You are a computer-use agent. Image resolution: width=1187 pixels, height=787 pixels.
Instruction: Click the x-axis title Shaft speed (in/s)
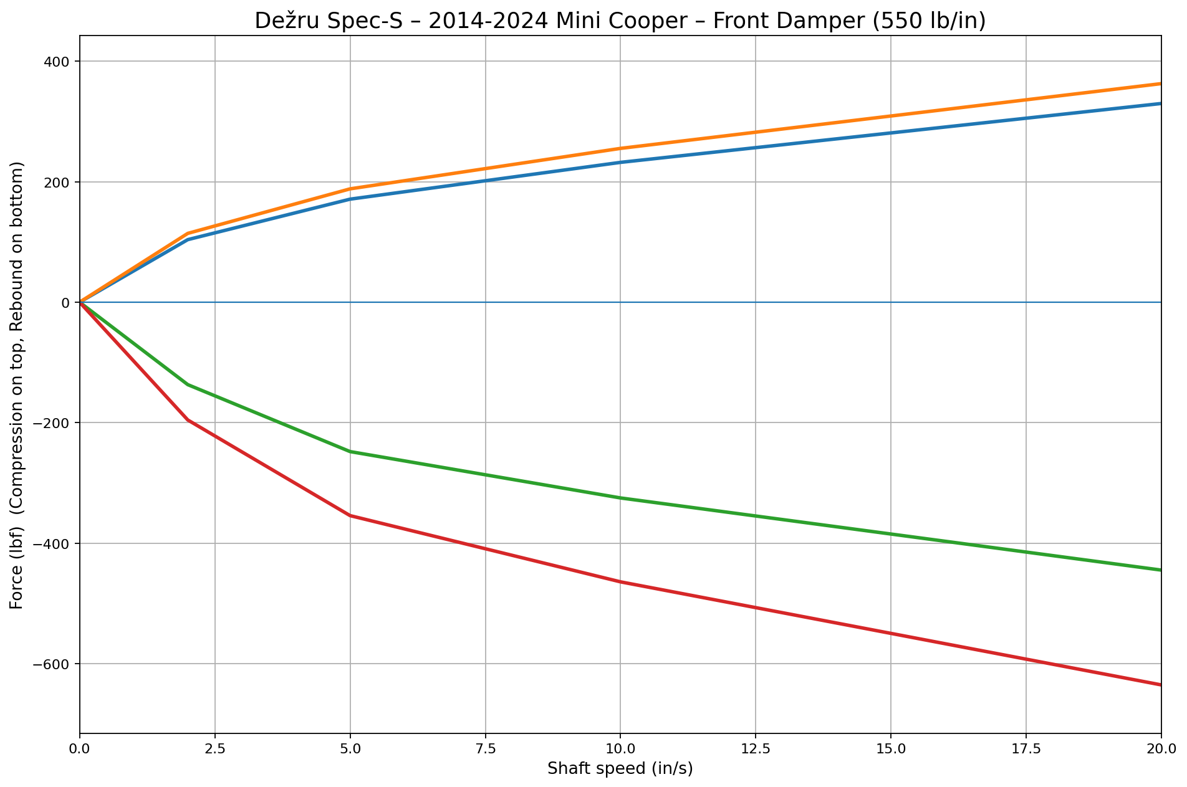point(620,769)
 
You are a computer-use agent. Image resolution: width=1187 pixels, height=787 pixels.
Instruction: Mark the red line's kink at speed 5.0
point(350,515)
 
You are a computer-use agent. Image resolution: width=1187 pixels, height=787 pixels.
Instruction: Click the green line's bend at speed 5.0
point(350,451)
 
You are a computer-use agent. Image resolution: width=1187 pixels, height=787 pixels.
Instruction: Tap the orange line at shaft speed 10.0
point(620,148)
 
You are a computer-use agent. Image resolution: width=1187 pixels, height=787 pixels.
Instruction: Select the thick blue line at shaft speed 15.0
point(891,133)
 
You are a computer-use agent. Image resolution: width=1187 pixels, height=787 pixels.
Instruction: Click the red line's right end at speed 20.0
point(1160,684)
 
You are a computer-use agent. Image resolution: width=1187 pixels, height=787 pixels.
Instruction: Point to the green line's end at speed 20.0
point(1160,570)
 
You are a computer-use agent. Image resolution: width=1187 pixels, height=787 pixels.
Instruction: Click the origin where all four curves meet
point(80,302)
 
